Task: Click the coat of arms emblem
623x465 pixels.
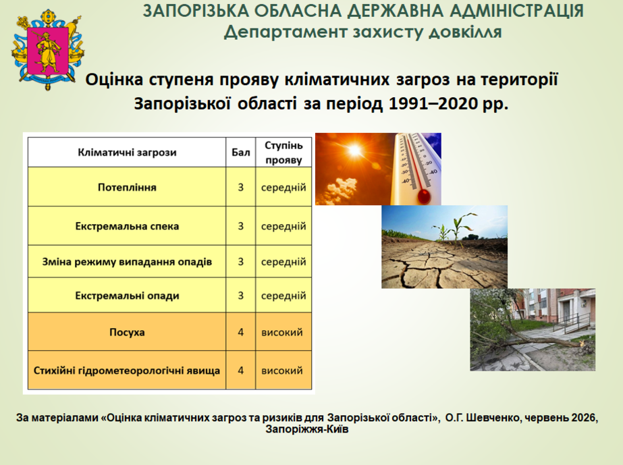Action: click(48, 49)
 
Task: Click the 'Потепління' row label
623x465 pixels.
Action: click(127, 187)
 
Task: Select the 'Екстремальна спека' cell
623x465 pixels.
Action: click(127, 226)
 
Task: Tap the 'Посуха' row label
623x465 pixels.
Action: click(127, 332)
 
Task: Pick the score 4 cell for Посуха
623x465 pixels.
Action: click(241, 332)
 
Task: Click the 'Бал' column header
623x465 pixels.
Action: click(241, 153)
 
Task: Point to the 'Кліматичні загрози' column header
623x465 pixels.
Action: click(127, 153)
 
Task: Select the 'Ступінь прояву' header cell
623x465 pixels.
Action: click(283, 153)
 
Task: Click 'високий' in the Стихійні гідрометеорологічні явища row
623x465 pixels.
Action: click(282, 371)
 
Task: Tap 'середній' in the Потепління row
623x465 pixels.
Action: click(283, 187)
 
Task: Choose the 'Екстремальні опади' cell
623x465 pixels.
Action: click(127, 296)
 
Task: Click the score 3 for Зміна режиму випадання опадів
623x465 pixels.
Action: click(241, 262)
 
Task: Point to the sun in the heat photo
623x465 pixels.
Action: click(354, 151)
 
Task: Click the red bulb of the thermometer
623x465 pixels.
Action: click(424, 196)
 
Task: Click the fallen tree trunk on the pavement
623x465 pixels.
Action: click(541, 339)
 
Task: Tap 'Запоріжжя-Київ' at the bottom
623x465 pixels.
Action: click(307, 429)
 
